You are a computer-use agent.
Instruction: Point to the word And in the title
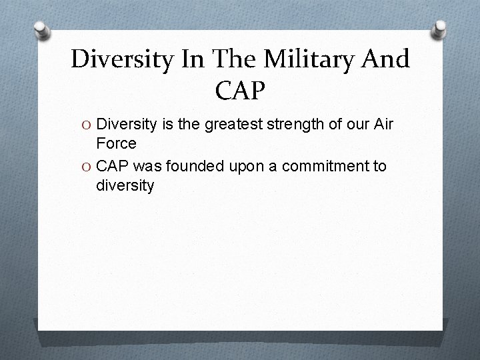pyautogui.click(x=385, y=59)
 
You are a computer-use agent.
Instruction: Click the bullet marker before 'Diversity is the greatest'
pyautogui.click(x=87, y=123)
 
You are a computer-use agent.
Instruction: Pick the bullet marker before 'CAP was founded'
pyautogui.click(x=87, y=165)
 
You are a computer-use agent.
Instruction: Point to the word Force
pyautogui.click(x=116, y=143)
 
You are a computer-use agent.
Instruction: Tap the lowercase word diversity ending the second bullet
pyautogui.click(x=125, y=185)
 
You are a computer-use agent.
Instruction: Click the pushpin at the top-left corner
pyautogui.click(x=41, y=30)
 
